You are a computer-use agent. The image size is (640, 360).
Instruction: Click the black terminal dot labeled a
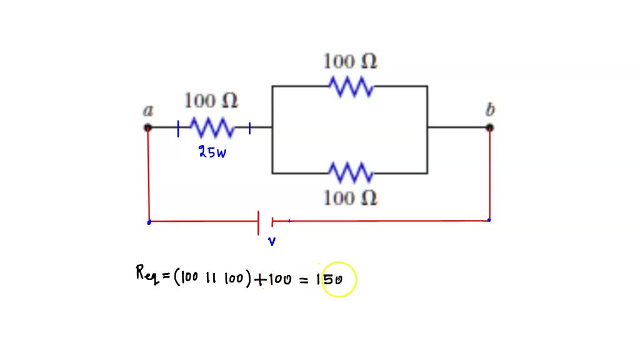coord(147,128)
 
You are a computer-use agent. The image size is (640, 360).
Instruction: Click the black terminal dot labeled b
coord(490,128)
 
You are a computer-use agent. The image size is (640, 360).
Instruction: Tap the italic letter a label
coord(148,111)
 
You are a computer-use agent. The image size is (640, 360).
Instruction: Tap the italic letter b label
coord(491,110)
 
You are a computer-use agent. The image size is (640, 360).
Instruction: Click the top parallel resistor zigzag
coord(351,87)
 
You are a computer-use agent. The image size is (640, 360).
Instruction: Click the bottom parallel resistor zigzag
coord(351,172)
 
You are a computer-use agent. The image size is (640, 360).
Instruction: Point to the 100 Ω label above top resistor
coord(350,61)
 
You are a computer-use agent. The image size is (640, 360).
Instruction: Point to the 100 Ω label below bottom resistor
coord(350,198)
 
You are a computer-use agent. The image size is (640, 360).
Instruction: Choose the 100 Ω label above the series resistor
coord(211,100)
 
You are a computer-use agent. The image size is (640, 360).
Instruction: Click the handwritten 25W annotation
coord(212,152)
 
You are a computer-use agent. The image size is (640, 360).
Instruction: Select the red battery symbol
coord(266,222)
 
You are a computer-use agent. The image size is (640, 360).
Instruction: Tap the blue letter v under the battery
coord(272,242)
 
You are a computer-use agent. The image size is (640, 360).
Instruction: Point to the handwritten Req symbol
coord(146,274)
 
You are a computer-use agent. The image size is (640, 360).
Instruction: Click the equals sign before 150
coord(304,281)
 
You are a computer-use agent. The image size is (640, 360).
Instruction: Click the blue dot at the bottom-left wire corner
coord(149,222)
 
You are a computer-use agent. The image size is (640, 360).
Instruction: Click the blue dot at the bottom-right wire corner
coord(489,220)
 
